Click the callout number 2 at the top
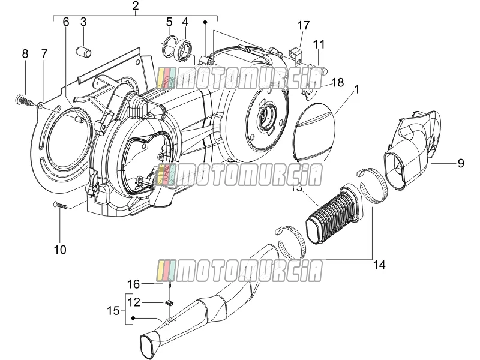pos(136,6)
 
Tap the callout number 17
pos(303,25)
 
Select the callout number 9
pos(461,163)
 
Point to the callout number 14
pos(379,265)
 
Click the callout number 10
pos(60,250)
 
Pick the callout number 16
pos(133,284)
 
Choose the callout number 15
pos(113,311)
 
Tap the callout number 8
pos(25,54)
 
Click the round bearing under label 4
pos(185,48)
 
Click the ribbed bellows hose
pos(335,214)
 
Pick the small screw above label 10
pos(61,205)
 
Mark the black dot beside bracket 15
pos(133,319)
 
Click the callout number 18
pos(337,82)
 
